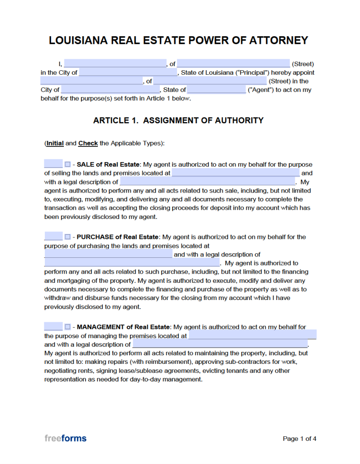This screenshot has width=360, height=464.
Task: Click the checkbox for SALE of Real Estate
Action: point(67,164)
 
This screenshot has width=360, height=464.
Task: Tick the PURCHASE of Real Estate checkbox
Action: point(67,237)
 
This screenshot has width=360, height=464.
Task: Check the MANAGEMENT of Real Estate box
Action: point(67,327)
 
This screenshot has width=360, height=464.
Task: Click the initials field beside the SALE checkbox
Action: point(53,164)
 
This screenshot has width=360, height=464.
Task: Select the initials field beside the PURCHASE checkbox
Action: point(53,237)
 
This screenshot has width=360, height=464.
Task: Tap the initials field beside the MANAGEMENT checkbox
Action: point(53,327)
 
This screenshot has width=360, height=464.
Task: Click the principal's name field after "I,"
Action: point(115,64)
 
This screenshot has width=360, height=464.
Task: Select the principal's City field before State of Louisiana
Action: point(128,72)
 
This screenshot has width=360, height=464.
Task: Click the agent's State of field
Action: point(216,90)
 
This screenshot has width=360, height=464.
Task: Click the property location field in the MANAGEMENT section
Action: point(252,336)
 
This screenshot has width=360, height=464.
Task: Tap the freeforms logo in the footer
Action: point(65,438)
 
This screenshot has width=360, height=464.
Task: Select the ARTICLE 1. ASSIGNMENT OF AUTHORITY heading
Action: point(178,121)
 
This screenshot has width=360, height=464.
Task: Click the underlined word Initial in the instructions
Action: point(55,143)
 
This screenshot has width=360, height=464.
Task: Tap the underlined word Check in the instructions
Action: point(88,143)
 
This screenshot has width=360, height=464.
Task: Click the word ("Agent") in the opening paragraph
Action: point(260,90)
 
